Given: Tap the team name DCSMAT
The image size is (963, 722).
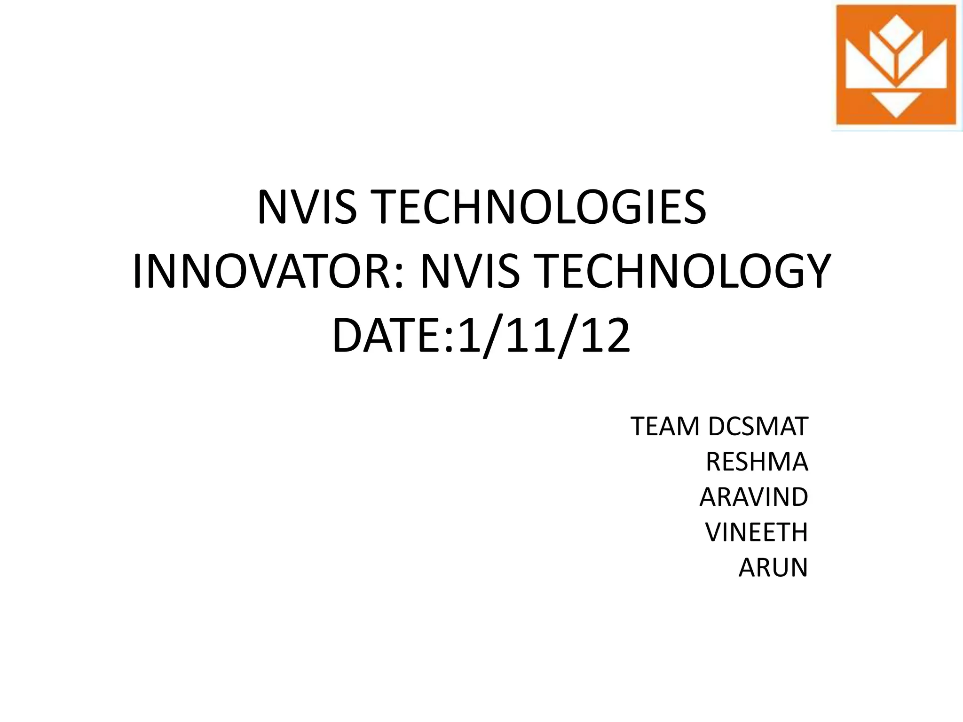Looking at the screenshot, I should tap(758, 427).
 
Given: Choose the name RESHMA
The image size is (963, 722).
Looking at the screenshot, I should tap(757, 462).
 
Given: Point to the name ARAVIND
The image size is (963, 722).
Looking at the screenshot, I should tap(753, 497).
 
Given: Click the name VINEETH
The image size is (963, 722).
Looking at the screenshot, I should tap(756, 533).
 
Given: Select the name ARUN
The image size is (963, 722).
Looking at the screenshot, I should tap(773, 568).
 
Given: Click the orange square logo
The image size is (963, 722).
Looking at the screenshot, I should tap(896, 66).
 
